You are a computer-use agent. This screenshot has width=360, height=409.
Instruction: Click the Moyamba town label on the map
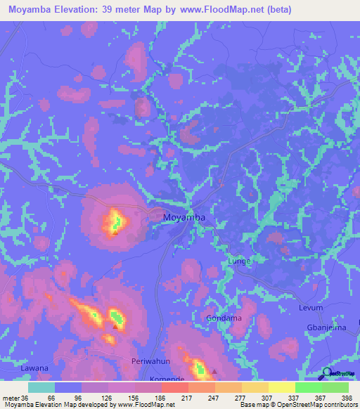coord(184,218)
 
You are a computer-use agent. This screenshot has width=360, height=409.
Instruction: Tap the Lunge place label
coord(239,261)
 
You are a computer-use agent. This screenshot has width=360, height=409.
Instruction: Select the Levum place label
coord(311,308)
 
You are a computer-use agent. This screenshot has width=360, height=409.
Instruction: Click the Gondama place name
coord(224,318)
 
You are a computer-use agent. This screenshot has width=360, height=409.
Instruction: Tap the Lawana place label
coord(34,368)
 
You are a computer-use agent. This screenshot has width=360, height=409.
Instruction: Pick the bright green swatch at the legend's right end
coord(335,387)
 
